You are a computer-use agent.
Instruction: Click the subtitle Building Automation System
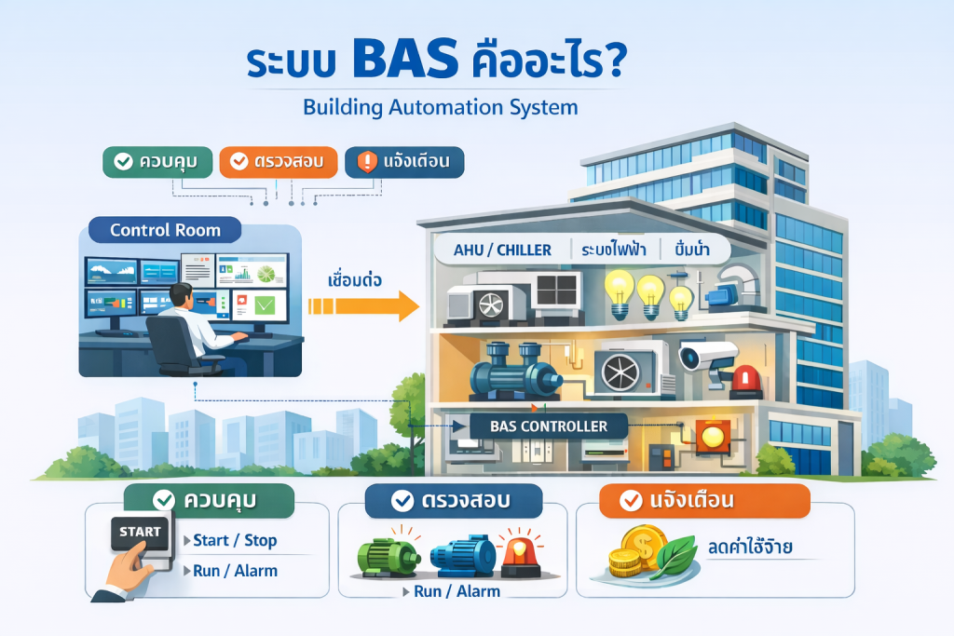pyautogui.click(x=440, y=107)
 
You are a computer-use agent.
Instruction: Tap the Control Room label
pyautogui.click(x=165, y=230)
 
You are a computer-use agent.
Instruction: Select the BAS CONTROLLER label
pyautogui.click(x=550, y=426)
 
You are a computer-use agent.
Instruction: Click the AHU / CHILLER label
pyautogui.click(x=501, y=250)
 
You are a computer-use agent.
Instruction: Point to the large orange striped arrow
pyautogui.click(x=363, y=304)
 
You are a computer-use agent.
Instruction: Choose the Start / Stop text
pyautogui.click(x=235, y=540)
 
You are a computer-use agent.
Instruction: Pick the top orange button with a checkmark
pyautogui.click(x=278, y=161)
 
